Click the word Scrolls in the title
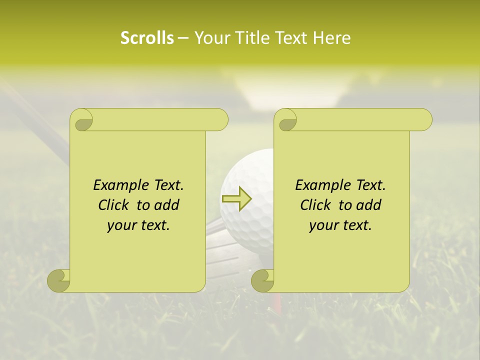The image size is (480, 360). [x=147, y=38]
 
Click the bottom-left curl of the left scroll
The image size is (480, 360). [x=59, y=280]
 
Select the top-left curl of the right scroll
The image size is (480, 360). [x=286, y=120]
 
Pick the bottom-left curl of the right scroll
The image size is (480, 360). [x=263, y=280]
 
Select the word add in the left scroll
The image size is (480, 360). [x=166, y=205]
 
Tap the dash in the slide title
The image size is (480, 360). [x=183, y=38]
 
